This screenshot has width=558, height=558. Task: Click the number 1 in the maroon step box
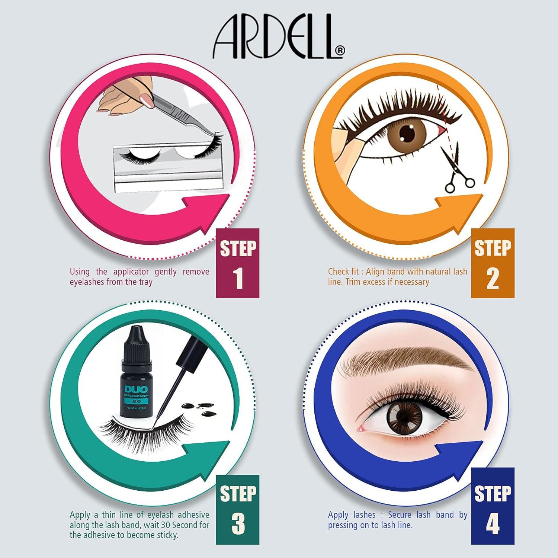(x=238, y=279)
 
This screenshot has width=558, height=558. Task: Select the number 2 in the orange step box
(x=493, y=279)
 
